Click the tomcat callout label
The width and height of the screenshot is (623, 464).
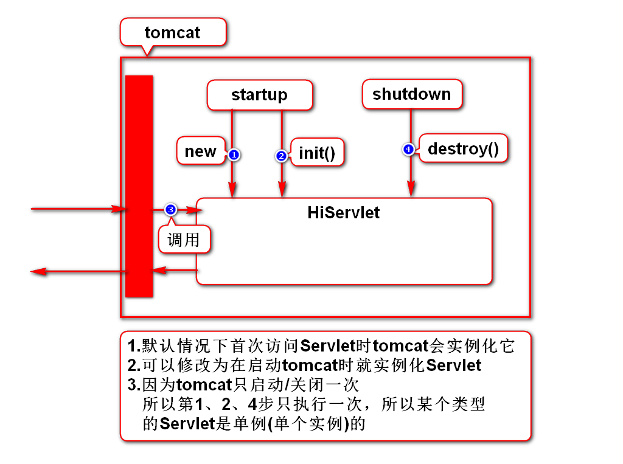173,32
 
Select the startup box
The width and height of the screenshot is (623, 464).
260,95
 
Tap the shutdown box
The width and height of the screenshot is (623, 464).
411,94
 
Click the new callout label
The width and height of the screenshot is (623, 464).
200,151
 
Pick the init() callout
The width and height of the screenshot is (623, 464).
317,152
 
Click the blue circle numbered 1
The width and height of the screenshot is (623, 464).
234,155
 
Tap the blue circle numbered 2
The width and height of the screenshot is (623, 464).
281,156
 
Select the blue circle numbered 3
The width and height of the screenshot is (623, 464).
171,209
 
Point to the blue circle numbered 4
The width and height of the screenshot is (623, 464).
408,149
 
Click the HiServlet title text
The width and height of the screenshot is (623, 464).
343,212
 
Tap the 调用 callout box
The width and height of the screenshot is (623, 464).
184,239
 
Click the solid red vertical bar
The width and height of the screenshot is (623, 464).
139,186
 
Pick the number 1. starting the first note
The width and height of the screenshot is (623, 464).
134,346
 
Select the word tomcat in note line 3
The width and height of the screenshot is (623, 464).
203,385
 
